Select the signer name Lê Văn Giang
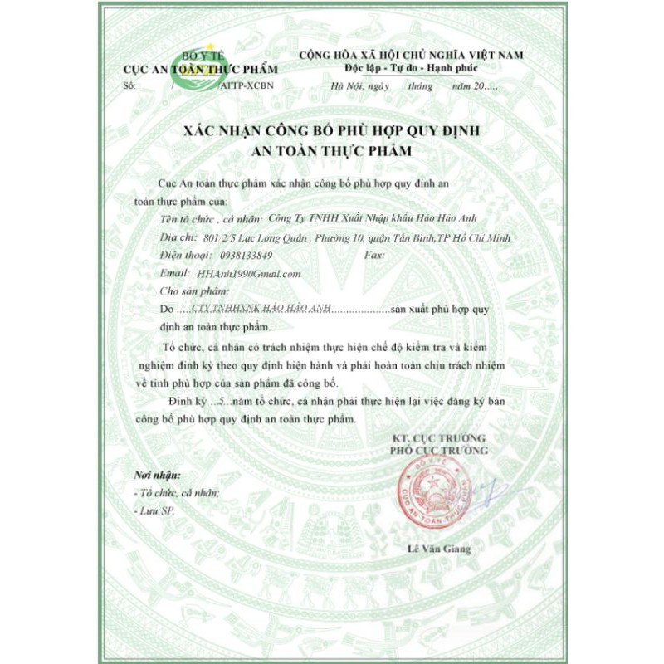click(439, 549)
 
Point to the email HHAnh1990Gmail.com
click(246, 273)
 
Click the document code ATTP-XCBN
click(247, 85)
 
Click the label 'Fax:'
click(374, 256)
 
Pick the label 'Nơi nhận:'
click(157, 476)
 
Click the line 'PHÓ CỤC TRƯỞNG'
click(440, 450)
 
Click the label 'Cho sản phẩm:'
click(193, 290)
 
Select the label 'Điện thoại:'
click(184, 256)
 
